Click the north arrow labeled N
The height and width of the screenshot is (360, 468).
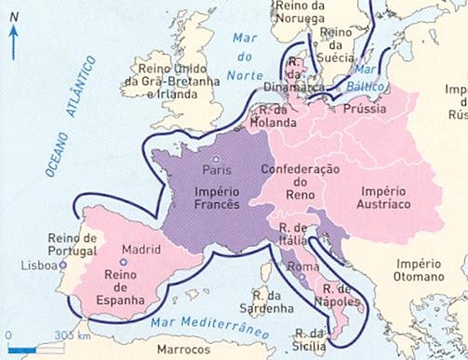coord(12,42)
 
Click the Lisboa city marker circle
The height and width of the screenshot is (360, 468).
coord(63,265)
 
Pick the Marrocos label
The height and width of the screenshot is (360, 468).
coord(183,349)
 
